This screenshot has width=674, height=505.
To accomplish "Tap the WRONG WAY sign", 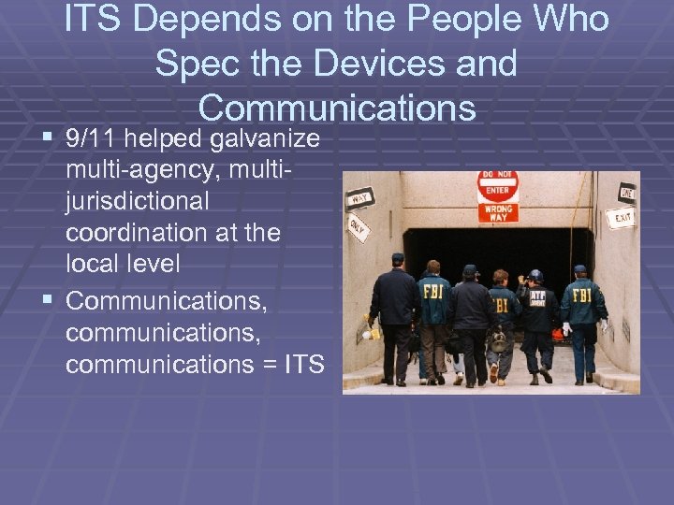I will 497,212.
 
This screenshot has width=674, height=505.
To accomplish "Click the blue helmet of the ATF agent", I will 535,276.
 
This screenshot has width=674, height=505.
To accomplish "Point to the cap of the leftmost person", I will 398,257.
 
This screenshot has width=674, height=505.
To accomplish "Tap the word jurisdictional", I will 138,202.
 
